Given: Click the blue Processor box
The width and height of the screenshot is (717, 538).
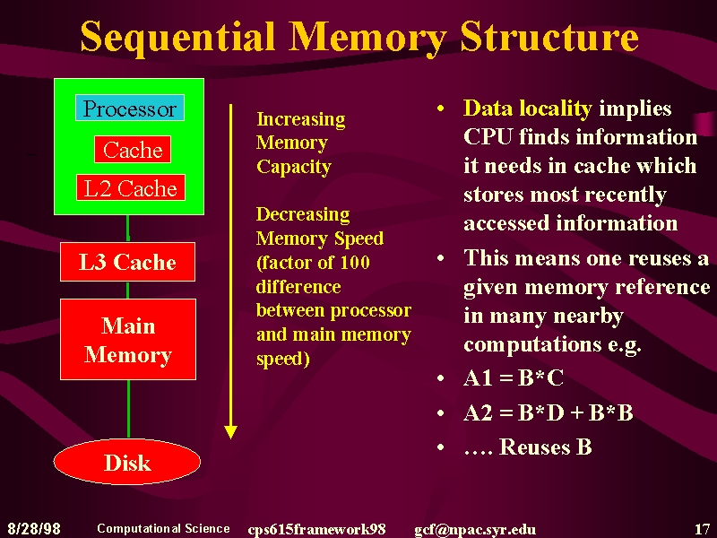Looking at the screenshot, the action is pyautogui.click(x=130, y=108).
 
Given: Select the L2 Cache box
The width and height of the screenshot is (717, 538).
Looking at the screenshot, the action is pyautogui.click(x=131, y=187).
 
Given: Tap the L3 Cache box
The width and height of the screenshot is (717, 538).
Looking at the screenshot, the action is pyautogui.click(x=127, y=262).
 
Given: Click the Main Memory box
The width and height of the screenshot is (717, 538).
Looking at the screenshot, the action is pyautogui.click(x=128, y=340).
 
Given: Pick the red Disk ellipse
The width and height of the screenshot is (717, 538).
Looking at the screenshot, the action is pyautogui.click(x=127, y=462).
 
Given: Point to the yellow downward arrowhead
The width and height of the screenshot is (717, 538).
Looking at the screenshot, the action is pyautogui.click(x=231, y=432).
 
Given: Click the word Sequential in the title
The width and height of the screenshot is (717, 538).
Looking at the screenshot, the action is pyautogui.click(x=177, y=38).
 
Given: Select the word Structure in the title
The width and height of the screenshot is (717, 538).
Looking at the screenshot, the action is pyautogui.click(x=549, y=36).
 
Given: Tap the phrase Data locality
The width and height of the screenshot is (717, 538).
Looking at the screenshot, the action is pyautogui.click(x=528, y=108).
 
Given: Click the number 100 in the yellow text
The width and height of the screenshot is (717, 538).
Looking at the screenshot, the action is pyautogui.click(x=355, y=263).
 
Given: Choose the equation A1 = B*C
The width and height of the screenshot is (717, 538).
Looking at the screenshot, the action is pyautogui.click(x=514, y=377).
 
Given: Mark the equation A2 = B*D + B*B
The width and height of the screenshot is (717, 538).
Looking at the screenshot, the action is pyautogui.click(x=549, y=412).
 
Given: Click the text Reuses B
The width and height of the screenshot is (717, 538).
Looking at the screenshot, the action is pyautogui.click(x=546, y=447).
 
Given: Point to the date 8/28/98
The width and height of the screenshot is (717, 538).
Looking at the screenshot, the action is pyautogui.click(x=34, y=529).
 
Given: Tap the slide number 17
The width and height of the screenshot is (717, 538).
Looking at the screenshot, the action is pyautogui.click(x=703, y=529).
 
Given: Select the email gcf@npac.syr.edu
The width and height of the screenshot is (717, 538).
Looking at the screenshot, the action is pyautogui.click(x=475, y=530).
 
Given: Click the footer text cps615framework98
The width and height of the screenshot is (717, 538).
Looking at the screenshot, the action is pyautogui.click(x=317, y=529).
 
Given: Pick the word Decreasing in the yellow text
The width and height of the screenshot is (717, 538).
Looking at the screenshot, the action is pyautogui.click(x=303, y=214).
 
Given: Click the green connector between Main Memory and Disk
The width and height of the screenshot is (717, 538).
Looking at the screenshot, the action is pyautogui.click(x=128, y=409).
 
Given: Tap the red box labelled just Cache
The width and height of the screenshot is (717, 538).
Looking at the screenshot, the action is pyautogui.click(x=133, y=149).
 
